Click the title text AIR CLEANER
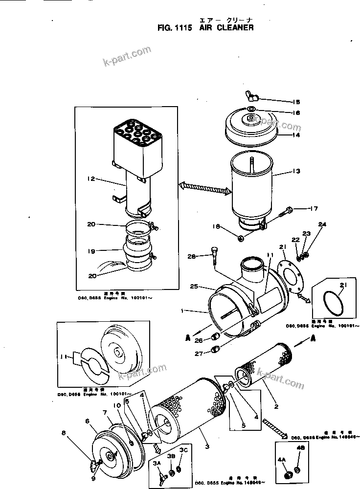point(226,28)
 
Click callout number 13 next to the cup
point(295,171)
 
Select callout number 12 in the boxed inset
point(90,180)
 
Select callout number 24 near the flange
point(322,224)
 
